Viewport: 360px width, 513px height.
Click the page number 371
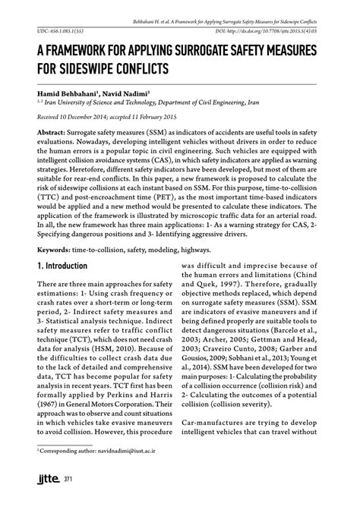[x=68, y=499]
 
